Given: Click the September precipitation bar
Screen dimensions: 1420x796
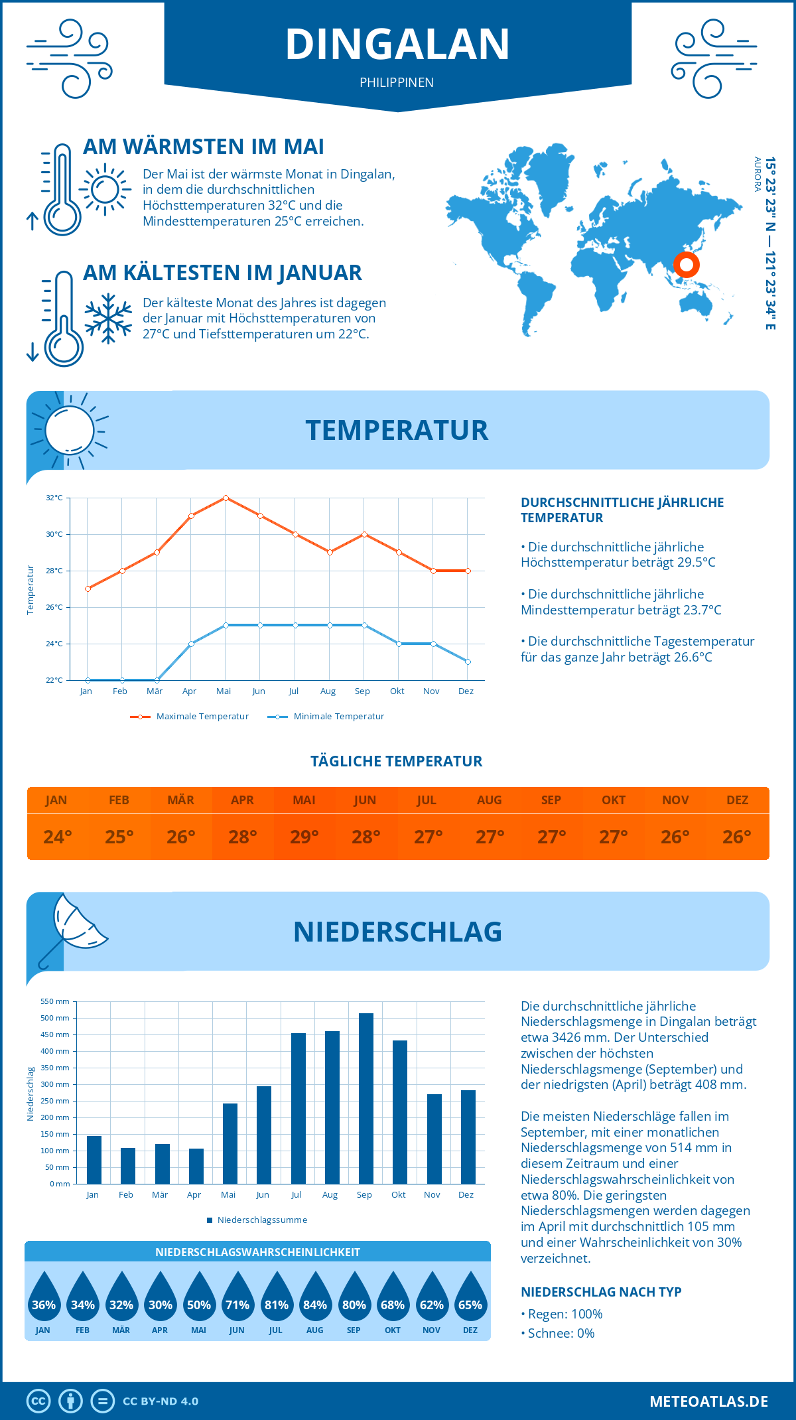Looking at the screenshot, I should pyautogui.click(x=365, y=1098).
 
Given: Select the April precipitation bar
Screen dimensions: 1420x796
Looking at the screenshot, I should pyautogui.click(x=196, y=1166).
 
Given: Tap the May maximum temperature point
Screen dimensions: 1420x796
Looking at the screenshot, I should pyautogui.click(x=226, y=498).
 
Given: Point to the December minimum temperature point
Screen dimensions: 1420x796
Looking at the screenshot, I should pyautogui.click(x=468, y=662).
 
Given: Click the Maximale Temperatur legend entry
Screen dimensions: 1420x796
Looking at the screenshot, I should pyautogui.click(x=190, y=717).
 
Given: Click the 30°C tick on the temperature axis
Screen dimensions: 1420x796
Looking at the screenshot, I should pyautogui.click(x=54, y=534).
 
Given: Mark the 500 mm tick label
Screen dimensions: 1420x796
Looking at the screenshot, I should pyautogui.click(x=55, y=1018).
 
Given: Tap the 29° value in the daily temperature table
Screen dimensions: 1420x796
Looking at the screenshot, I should pyautogui.click(x=304, y=837).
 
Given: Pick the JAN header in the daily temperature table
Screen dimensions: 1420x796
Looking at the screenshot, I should pyautogui.click(x=56, y=800).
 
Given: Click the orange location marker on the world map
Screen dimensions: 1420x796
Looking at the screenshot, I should pyautogui.click(x=687, y=265).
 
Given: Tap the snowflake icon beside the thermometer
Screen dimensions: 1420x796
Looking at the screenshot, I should pyautogui.click(x=108, y=319).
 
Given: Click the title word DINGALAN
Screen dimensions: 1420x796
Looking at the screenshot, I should pyautogui.click(x=397, y=44).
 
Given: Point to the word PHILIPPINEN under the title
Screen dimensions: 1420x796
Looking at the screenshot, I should pyautogui.click(x=397, y=82).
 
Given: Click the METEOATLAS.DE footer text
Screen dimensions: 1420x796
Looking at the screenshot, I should pyautogui.click(x=708, y=1401).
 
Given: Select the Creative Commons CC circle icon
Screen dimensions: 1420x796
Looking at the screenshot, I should pyautogui.click(x=38, y=1401).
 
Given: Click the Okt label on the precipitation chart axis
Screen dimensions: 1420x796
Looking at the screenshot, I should pyautogui.click(x=398, y=1194).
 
